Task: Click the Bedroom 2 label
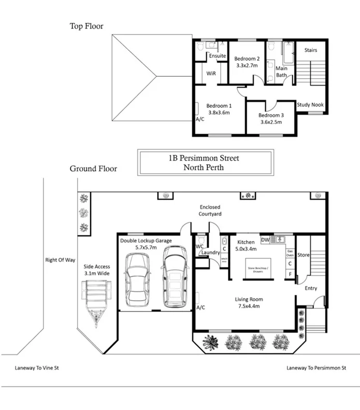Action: click(247, 59)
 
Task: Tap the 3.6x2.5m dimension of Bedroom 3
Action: click(270, 122)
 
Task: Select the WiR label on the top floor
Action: click(211, 74)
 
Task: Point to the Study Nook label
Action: click(310, 105)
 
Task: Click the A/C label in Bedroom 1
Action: click(200, 119)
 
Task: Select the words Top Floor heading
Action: click(87, 26)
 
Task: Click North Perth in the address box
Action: click(203, 167)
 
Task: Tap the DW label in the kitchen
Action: click(265, 240)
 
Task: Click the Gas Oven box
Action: click(290, 253)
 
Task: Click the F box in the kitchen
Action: click(290, 274)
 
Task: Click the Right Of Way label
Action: click(61, 260)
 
